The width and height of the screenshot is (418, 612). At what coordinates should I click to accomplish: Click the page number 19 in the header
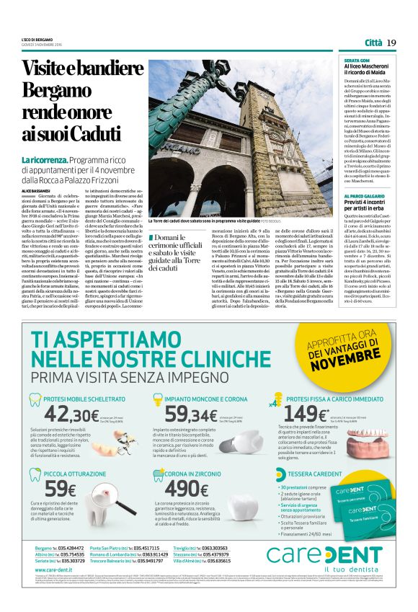tap(391, 43)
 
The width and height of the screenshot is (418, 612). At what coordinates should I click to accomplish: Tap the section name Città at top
tap(373, 43)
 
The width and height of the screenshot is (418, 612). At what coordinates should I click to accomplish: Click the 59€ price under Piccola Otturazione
tap(61, 488)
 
